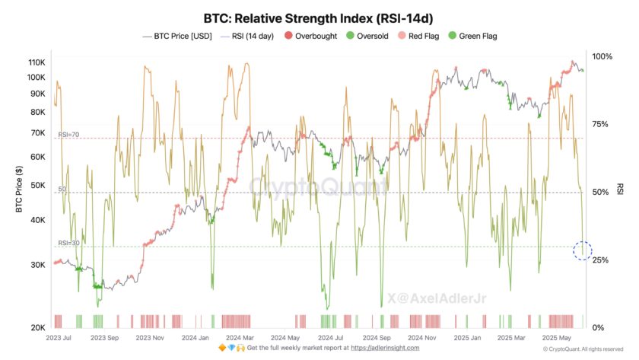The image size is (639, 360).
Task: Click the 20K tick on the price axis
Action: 37,328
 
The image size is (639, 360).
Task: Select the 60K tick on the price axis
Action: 37,157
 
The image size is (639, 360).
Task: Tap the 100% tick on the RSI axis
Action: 602,57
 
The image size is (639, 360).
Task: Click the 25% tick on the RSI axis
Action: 600,260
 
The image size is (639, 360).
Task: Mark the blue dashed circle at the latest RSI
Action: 583,250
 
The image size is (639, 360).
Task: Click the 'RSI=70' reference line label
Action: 68,135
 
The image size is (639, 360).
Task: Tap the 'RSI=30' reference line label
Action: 68,243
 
